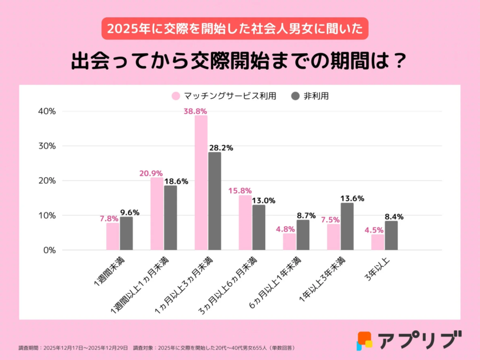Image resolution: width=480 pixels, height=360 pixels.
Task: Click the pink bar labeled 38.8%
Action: pos(201,183)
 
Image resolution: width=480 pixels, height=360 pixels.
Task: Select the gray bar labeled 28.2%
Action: pos(214,201)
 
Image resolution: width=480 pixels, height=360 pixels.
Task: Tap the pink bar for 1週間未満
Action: pos(113,237)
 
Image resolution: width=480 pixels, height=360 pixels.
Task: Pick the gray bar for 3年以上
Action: pos(391,235)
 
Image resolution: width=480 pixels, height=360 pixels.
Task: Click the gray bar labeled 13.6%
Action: pos(347,226)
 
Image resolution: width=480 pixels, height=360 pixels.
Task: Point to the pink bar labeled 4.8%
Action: pos(289,242)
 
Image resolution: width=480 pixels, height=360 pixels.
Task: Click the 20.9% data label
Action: pos(151,173)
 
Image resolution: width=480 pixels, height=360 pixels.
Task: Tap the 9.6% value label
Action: pos(129,212)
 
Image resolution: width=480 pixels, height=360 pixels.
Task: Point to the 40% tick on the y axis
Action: pos(46,111)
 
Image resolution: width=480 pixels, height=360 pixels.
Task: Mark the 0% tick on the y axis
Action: pos(49,250)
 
